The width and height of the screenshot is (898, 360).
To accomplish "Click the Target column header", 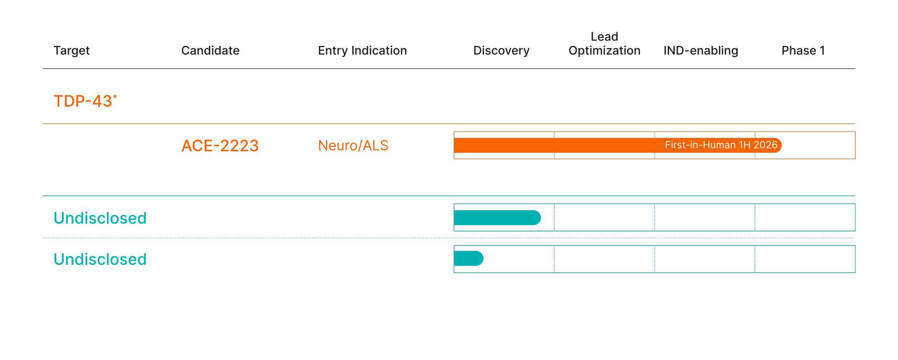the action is point(71,51).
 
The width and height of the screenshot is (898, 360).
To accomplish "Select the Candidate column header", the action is point(210,51).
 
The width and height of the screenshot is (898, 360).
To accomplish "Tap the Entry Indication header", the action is point(362,51).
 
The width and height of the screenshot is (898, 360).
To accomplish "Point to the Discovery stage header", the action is point(501,51).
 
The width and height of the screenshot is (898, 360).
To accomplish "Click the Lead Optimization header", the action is point(604,43).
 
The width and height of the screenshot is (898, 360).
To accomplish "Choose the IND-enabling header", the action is point(700,51).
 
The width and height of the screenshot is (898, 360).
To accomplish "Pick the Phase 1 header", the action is point(803,51).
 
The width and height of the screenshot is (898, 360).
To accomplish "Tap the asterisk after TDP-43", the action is point(115,97).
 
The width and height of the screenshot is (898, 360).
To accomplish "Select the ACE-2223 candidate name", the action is point(220,146).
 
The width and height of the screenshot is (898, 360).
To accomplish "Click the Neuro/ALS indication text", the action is point(353,146).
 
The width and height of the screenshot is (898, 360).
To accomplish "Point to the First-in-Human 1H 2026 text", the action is point(721,145).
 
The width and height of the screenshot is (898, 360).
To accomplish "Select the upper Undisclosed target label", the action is point(100,218).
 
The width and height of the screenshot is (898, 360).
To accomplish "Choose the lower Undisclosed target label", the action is point(100,259).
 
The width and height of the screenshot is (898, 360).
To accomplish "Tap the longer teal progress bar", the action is point(497,218).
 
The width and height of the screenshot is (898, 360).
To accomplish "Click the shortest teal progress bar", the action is point(468,258).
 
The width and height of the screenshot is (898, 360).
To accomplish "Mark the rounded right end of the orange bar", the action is point(781,145).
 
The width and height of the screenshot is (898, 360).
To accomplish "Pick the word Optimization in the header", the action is point(604,51).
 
